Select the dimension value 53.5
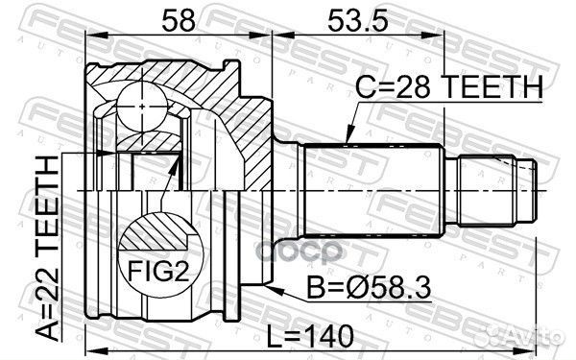348,18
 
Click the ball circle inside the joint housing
138,99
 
